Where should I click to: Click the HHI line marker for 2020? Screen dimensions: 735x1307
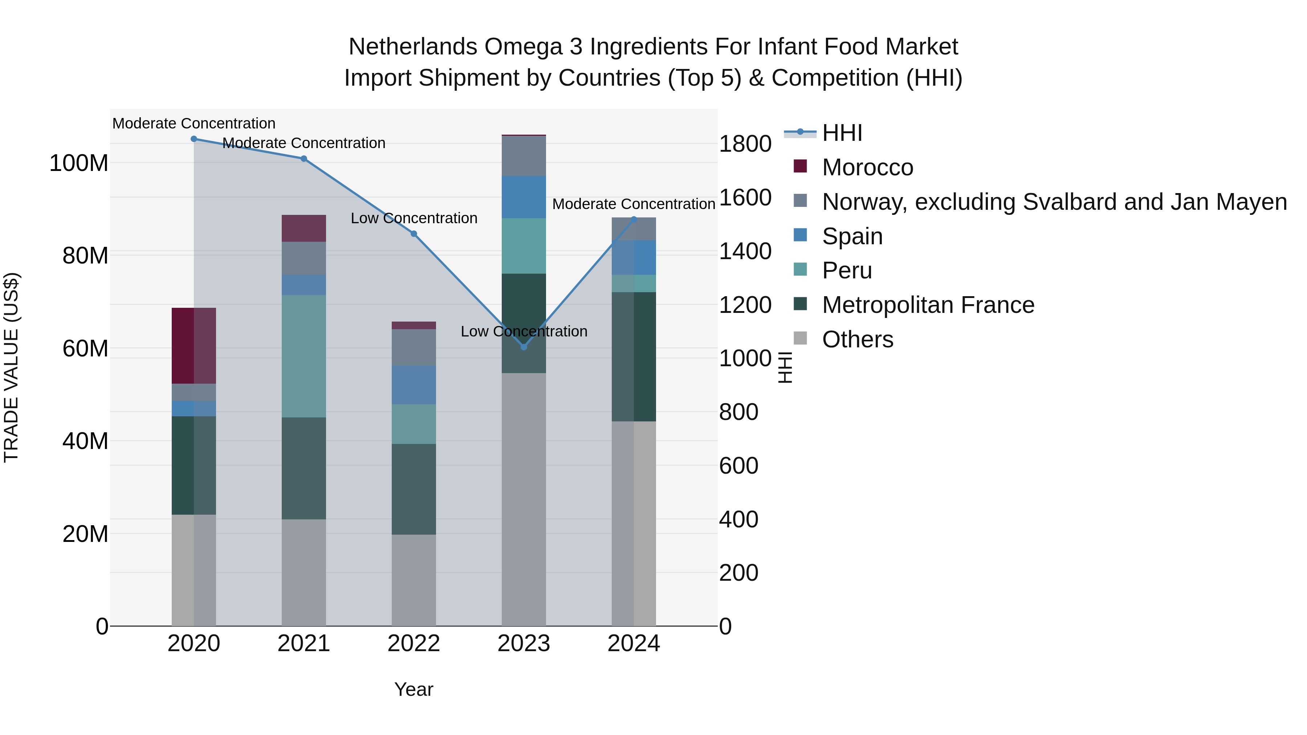coord(194,139)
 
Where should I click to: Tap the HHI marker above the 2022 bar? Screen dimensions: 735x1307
coord(414,234)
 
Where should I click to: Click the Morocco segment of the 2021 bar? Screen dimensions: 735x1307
coord(304,228)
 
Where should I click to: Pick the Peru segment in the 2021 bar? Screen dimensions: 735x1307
coord(304,356)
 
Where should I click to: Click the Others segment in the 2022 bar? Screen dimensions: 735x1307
coord(414,580)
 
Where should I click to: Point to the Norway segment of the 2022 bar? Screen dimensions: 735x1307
coord(414,347)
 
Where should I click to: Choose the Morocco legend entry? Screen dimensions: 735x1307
coord(868,167)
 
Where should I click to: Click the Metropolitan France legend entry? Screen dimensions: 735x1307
coord(928,305)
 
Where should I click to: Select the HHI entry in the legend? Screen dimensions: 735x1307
coord(842,133)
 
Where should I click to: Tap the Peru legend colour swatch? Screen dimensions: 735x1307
coord(800,270)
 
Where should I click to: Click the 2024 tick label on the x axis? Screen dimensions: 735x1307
coord(634,644)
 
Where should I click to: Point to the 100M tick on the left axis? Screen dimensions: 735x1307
coord(79,163)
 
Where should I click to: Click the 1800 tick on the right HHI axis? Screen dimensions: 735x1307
coord(745,144)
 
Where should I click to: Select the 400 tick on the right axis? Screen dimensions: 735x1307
coord(739,519)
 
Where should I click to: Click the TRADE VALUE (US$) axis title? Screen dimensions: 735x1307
coord(11,367)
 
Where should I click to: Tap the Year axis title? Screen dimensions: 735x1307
coord(414,689)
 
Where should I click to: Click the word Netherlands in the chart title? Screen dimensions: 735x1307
coord(412,47)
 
